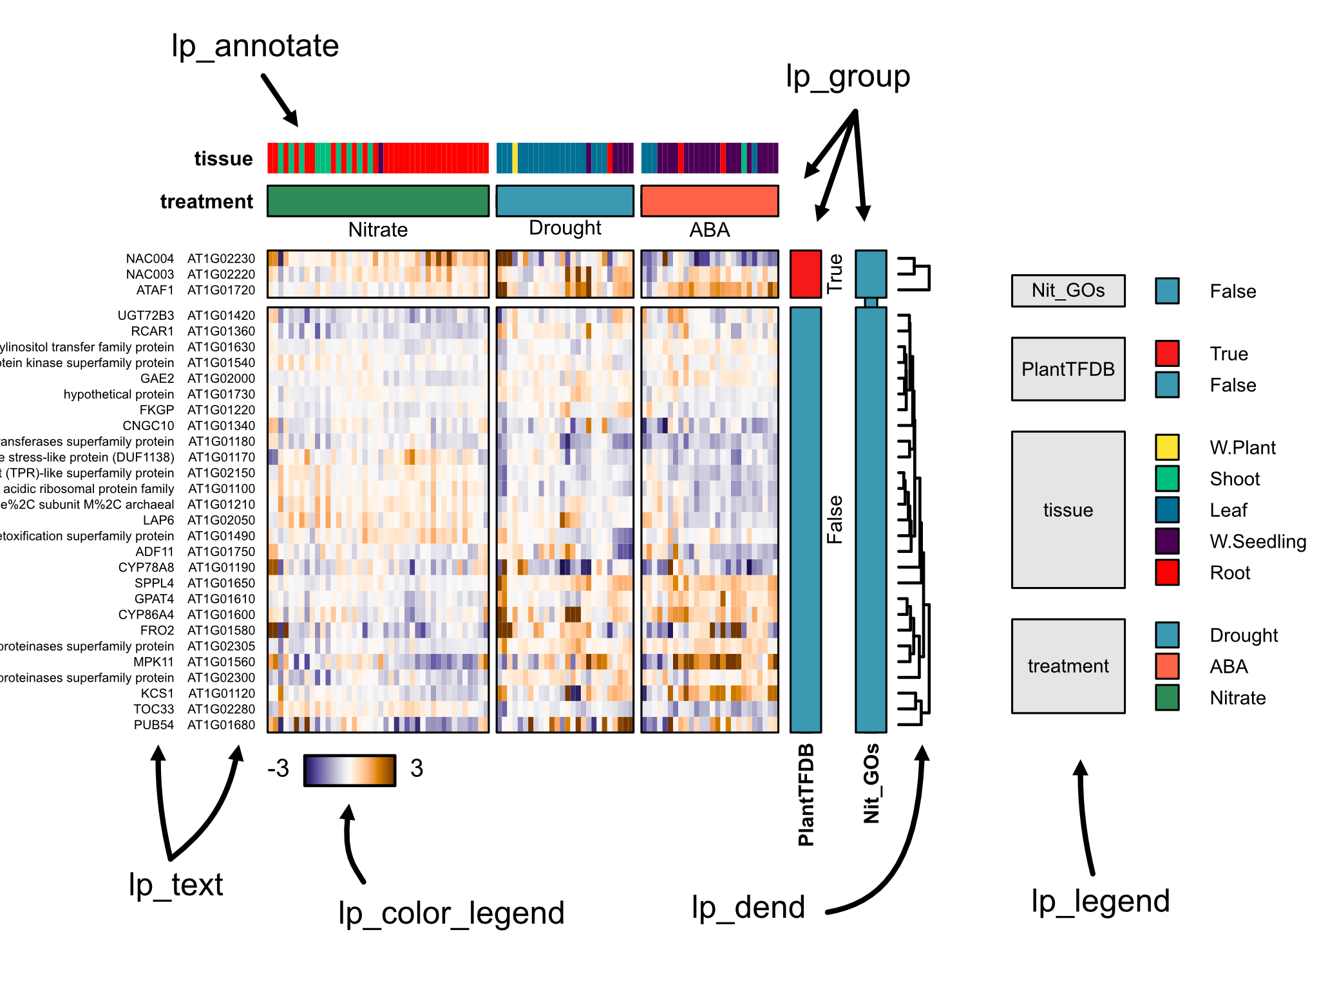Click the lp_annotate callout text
coord(255,46)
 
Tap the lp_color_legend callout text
coord(451,913)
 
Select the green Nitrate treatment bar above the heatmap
coord(378,201)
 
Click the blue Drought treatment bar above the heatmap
coord(565,201)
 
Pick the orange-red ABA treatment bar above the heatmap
coord(710,201)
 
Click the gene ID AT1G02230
coord(221,259)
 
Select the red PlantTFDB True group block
coord(806,274)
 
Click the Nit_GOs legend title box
coord(1068,291)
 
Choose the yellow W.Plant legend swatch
coord(1167,447)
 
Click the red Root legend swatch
coord(1167,572)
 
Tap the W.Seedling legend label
coord(1258,541)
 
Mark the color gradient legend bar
coord(350,770)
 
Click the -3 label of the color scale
coord(278,769)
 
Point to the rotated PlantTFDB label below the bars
coord(806,795)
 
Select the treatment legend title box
coord(1068,666)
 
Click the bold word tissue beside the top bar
coord(223,158)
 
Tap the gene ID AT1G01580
coord(221,631)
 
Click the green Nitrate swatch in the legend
coord(1167,698)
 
